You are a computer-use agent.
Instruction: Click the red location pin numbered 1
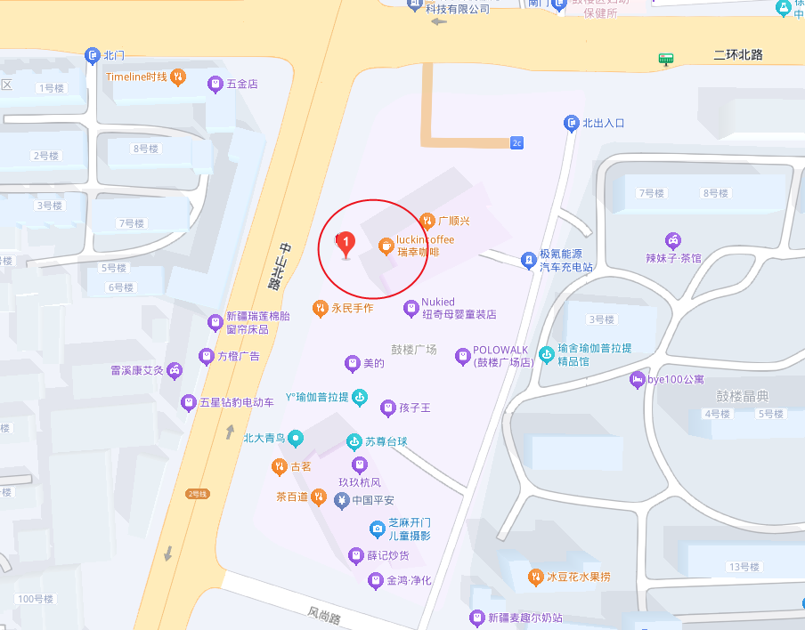point(346,243)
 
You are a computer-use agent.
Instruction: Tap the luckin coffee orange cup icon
point(386,246)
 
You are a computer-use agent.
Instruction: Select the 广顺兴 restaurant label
point(453,221)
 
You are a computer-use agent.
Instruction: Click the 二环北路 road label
point(738,55)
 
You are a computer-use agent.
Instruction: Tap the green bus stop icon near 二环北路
point(665,59)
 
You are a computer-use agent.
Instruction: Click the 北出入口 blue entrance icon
point(572,123)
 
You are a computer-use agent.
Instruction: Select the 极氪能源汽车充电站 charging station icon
point(528,260)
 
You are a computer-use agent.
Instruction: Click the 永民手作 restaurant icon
point(320,308)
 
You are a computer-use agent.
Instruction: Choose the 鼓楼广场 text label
point(414,349)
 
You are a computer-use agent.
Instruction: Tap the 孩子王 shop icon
point(387,408)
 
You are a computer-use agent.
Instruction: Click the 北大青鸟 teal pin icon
point(296,438)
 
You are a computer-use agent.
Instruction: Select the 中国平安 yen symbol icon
point(341,500)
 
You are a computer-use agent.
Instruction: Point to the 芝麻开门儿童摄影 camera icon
point(378,529)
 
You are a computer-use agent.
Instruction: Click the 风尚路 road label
point(325,614)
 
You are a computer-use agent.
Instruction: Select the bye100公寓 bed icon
point(638,380)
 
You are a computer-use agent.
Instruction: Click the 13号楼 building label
point(744,567)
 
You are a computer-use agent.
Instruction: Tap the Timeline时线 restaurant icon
point(178,77)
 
